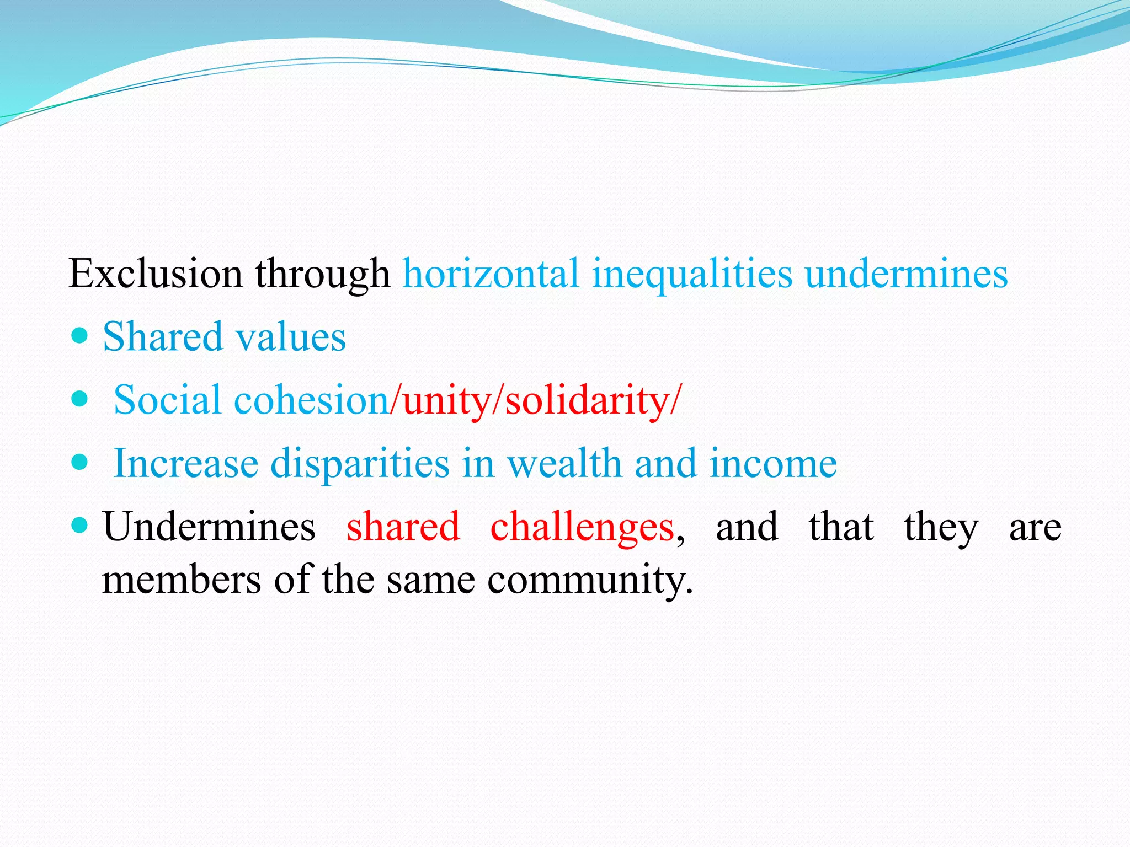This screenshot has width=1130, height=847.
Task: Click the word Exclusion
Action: point(155,274)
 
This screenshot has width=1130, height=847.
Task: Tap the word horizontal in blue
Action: point(491,274)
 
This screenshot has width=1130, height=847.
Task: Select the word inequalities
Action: point(692,274)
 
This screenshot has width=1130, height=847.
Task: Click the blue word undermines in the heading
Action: point(906,274)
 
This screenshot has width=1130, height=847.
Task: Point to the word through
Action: point(322,275)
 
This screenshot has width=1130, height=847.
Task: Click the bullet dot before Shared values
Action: point(80,335)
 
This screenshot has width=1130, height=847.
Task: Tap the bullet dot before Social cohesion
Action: point(80,399)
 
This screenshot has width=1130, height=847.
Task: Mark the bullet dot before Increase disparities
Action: point(80,462)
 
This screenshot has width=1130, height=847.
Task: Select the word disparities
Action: point(360,464)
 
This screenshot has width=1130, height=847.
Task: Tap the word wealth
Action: point(564,463)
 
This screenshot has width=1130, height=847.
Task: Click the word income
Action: point(773,463)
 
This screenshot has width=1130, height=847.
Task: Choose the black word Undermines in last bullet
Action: point(209,527)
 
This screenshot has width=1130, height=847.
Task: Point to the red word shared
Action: point(403,527)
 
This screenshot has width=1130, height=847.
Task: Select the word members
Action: point(182,580)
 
